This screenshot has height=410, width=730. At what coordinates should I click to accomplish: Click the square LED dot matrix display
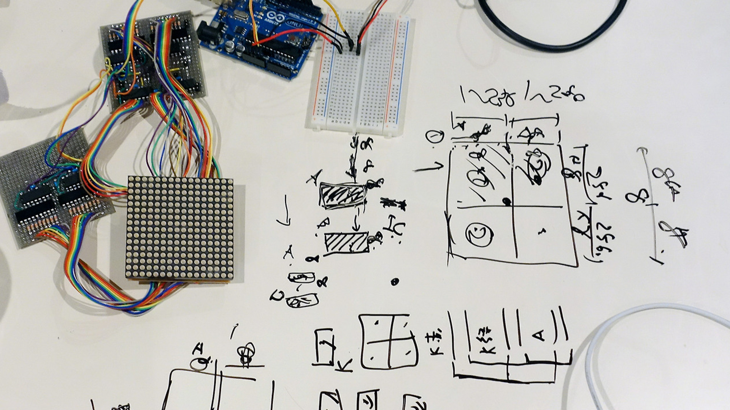click(179, 228)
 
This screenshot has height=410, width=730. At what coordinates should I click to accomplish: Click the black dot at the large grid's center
click(506, 202)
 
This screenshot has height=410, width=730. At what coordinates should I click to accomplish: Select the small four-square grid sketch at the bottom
click(389, 342)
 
